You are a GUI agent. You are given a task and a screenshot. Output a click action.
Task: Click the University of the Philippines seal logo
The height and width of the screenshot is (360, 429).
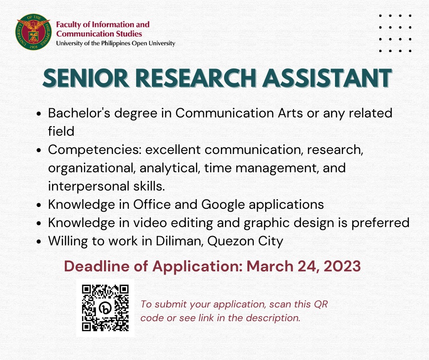(x=34, y=32)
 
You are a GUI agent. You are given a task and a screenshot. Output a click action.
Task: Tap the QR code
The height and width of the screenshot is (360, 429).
(x=105, y=308)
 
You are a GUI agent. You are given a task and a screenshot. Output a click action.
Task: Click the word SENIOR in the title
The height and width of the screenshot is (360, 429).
(x=86, y=78)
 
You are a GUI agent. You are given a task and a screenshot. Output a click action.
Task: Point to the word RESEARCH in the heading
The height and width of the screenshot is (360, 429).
(x=196, y=78)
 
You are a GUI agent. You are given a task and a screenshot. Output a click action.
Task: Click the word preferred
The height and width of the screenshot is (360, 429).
(x=380, y=223)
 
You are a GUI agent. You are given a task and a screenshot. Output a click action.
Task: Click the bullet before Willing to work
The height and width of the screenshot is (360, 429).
(x=39, y=242)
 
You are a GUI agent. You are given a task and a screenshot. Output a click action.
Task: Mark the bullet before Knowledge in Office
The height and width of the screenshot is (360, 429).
(x=39, y=205)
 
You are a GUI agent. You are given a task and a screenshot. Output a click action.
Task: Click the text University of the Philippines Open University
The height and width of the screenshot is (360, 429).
(x=115, y=43)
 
